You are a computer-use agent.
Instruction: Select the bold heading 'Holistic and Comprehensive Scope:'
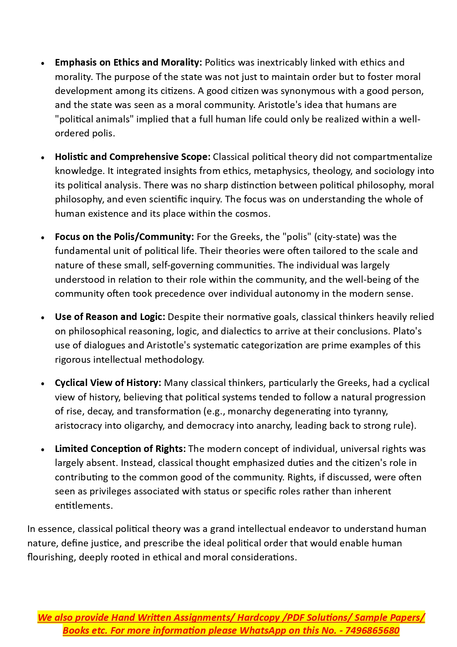[133, 157]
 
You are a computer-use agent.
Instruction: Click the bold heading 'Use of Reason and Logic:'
[110, 317]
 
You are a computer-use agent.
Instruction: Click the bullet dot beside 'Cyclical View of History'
[43, 384]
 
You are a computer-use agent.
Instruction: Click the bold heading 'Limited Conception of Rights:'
[120, 449]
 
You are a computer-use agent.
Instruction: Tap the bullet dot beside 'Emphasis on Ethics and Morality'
[43, 63]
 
